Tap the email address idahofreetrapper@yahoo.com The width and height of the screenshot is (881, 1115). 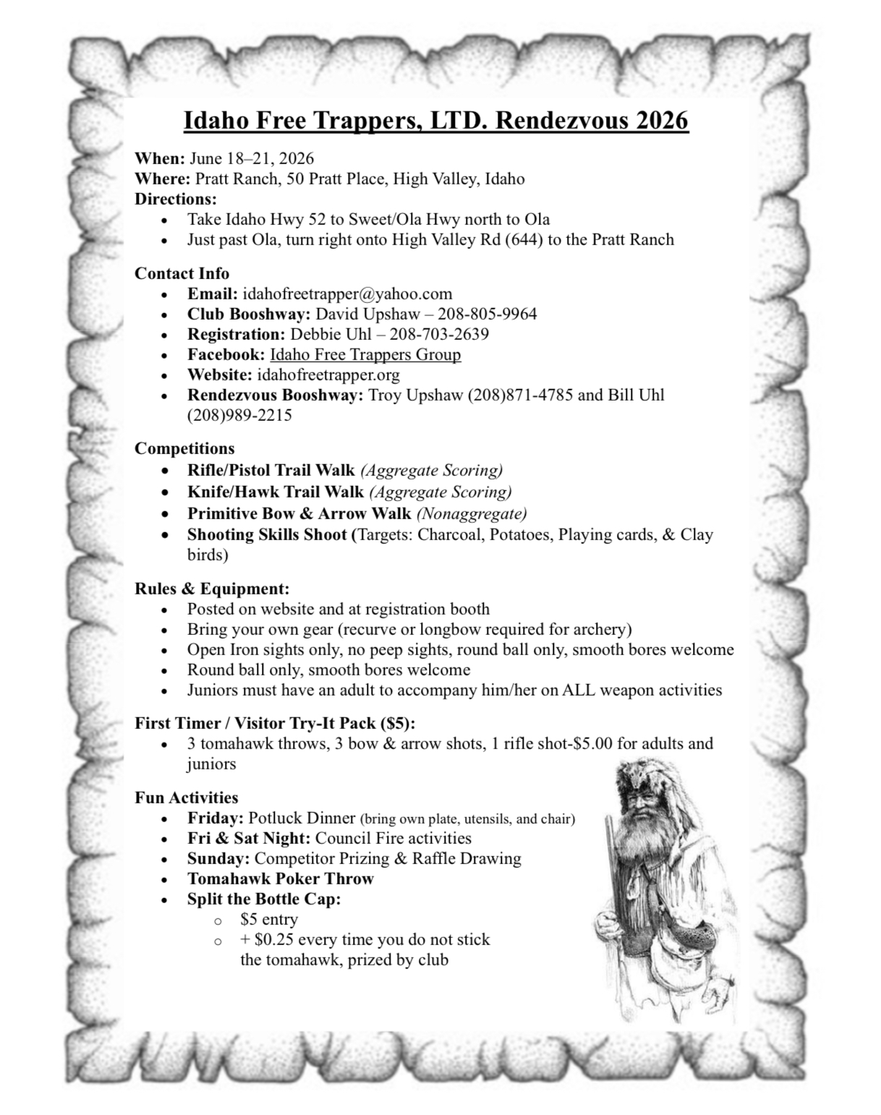[347, 294]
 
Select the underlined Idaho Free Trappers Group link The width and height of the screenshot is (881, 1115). [365, 355]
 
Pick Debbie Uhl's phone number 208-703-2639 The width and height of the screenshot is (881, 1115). [439, 335]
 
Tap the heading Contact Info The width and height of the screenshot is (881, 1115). [182, 273]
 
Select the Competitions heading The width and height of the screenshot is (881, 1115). [184, 448]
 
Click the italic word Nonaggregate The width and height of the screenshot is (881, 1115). [472, 514]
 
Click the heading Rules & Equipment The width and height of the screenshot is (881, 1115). [212, 589]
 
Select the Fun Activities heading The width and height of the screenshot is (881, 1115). [186, 798]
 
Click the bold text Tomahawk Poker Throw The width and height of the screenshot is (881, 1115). [281, 879]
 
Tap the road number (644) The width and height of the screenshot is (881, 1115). [514, 240]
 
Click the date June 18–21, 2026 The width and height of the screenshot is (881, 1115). [252, 158]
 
